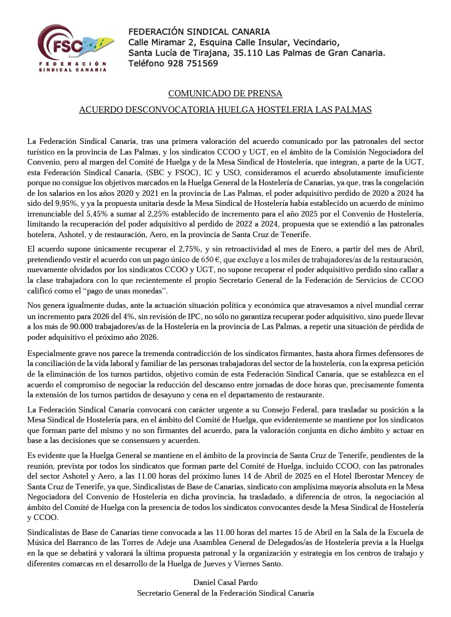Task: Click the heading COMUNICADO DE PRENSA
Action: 225,93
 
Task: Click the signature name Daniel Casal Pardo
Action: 225,583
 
